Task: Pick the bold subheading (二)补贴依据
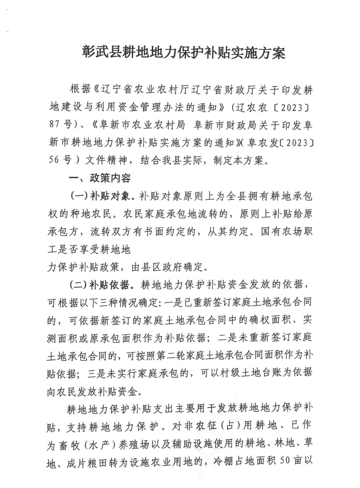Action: (x=104, y=284)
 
